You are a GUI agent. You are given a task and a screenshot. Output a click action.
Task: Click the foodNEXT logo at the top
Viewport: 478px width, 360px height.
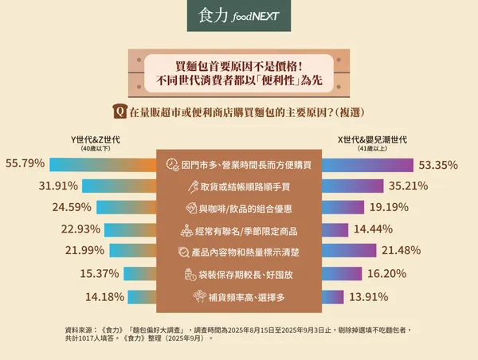(238, 18)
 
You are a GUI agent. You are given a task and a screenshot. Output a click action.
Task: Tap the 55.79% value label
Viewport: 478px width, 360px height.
(25, 164)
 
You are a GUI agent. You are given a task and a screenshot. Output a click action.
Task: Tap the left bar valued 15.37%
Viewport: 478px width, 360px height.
(138, 274)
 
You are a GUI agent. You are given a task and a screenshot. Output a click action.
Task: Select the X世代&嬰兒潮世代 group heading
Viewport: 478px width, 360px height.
(373, 139)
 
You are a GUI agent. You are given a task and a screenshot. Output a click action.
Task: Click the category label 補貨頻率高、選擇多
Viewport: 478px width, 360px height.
(246, 297)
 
